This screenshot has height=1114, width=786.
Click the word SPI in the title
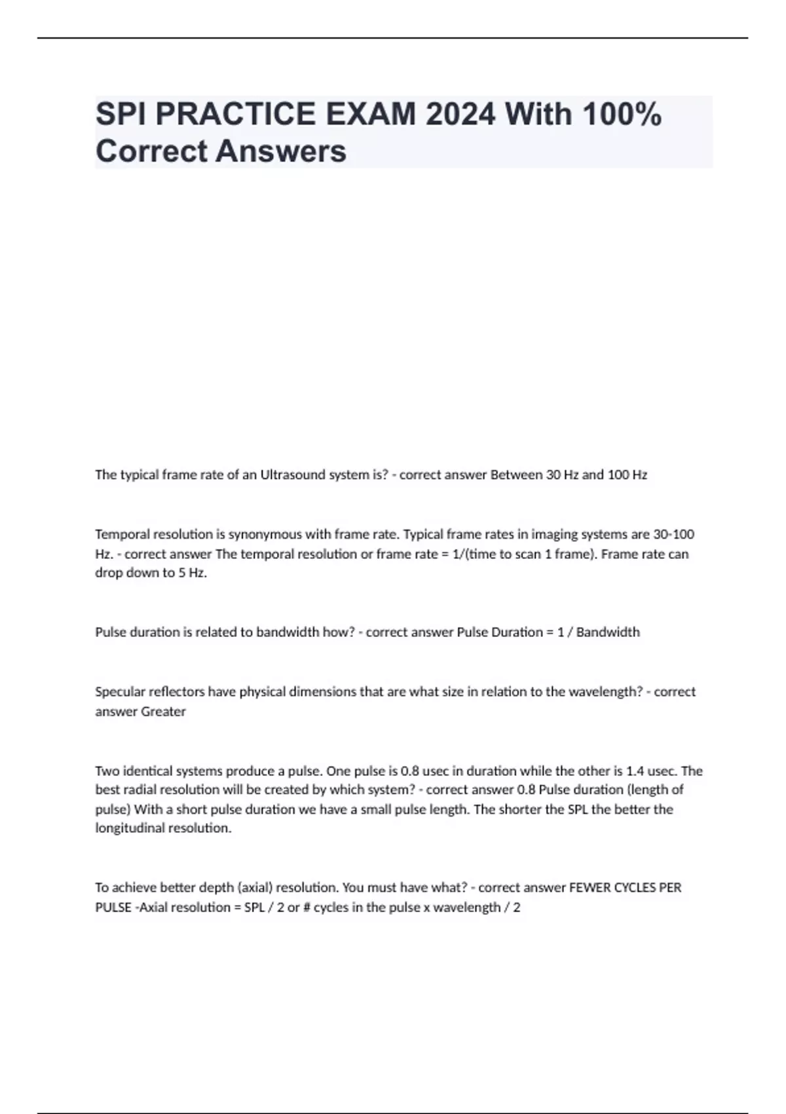tap(120, 114)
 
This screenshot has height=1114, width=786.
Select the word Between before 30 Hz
tap(516, 475)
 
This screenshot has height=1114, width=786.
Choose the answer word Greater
tap(163, 712)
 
